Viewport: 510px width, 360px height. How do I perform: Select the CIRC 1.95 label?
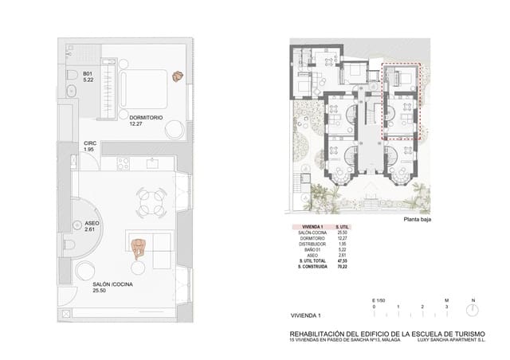(89, 147)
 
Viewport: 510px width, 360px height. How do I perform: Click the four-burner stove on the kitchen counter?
(124, 164)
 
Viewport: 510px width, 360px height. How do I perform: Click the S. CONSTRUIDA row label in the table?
(312, 266)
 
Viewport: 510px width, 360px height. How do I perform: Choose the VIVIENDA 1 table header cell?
(312, 228)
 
